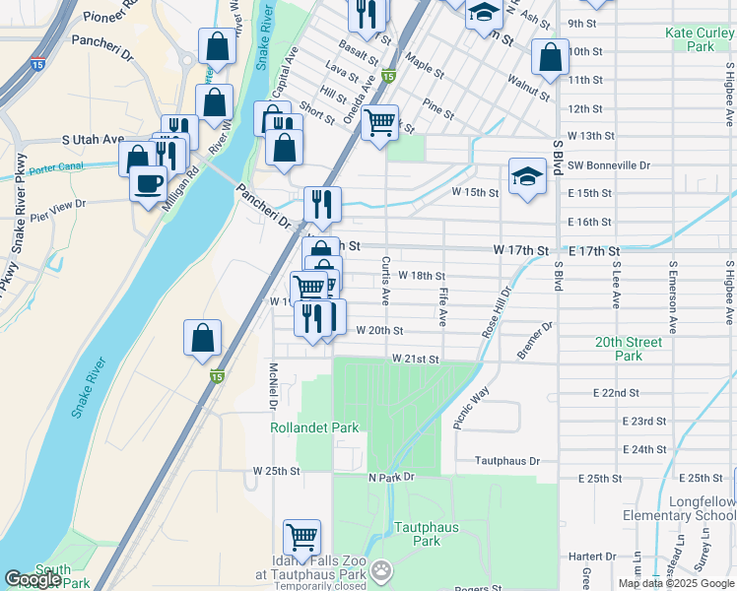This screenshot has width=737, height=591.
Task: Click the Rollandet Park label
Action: (314, 427)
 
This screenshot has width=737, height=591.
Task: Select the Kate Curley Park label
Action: (702, 39)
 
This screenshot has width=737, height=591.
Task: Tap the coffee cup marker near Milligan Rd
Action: (149, 183)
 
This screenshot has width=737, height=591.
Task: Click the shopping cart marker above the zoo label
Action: (301, 538)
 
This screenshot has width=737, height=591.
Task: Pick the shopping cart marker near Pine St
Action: (379, 123)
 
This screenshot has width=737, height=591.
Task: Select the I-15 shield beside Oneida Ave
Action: (388, 76)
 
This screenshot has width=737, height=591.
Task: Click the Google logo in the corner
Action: (33, 579)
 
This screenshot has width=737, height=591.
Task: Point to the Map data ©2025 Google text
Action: (676, 583)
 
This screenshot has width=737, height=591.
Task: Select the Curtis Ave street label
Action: (385, 281)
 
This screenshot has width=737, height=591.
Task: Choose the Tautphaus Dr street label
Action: (507, 460)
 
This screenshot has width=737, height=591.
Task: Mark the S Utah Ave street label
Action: (92, 140)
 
